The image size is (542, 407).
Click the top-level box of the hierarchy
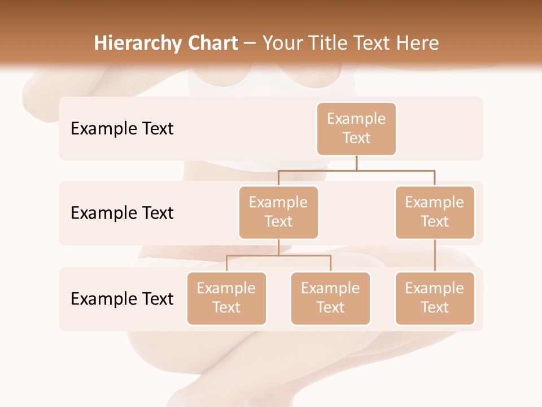356,128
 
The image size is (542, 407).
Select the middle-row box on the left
278,212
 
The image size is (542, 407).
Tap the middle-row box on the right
435,212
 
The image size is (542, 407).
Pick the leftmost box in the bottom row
226,298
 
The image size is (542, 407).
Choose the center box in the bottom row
330,298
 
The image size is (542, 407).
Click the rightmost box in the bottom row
435,298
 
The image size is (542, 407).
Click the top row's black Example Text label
122,128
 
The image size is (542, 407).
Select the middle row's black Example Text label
122,213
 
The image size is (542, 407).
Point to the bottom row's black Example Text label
122,298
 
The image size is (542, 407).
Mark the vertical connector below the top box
356,163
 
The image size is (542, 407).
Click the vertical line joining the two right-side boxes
435,256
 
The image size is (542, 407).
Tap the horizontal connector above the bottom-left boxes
278,256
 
